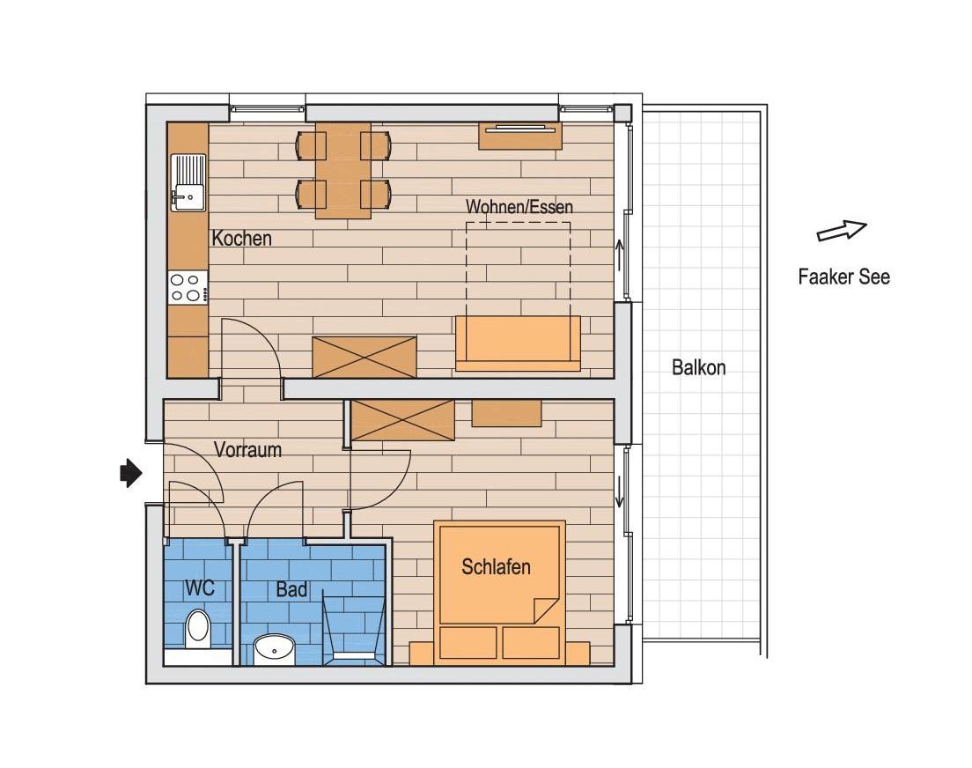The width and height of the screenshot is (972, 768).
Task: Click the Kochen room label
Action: coord(242,238)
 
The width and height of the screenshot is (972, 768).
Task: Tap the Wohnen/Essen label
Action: coord(519,207)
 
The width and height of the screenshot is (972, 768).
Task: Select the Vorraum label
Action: coord(248,449)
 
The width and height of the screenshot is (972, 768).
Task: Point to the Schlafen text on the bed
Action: coord(496,566)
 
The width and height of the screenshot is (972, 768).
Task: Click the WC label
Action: coord(200,587)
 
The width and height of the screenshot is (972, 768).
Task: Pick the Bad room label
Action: coord(291,588)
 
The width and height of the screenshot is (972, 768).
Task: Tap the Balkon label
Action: coord(699,367)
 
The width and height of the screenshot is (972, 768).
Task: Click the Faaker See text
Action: coord(843,277)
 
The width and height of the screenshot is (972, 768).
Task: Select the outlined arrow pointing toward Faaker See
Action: coord(841,231)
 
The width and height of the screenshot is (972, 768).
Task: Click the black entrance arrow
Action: coord(131,473)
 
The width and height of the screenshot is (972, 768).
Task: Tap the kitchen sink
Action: coord(188,182)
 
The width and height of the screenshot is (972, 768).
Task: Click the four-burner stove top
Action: coord(188,287)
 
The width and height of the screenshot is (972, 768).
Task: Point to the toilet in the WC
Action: coord(198,629)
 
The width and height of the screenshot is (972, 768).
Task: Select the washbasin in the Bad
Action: coord(274,648)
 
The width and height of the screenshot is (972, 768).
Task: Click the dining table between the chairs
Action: coord(343,170)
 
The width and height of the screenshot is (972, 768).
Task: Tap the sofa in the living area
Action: coord(518,343)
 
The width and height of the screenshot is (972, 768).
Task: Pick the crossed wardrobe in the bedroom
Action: coord(402,420)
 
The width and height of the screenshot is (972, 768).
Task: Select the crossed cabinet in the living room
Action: coord(364,357)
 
